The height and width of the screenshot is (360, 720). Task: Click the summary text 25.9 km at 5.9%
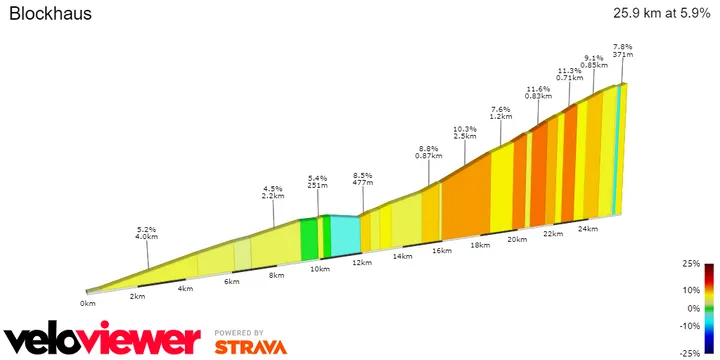(654, 14)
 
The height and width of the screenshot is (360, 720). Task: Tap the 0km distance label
(88, 302)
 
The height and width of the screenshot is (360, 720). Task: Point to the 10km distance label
(319, 269)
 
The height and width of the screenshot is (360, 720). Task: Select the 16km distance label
(442, 251)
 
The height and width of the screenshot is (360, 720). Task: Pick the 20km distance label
(517, 239)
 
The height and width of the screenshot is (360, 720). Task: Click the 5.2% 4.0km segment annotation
(147, 233)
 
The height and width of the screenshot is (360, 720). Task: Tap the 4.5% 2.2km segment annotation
(273, 192)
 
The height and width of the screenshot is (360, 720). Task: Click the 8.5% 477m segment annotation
(363, 178)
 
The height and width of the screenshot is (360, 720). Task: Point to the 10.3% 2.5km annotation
(464, 132)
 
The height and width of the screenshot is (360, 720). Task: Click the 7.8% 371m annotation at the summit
(623, 52)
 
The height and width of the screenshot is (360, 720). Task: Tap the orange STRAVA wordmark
(250, 347)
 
